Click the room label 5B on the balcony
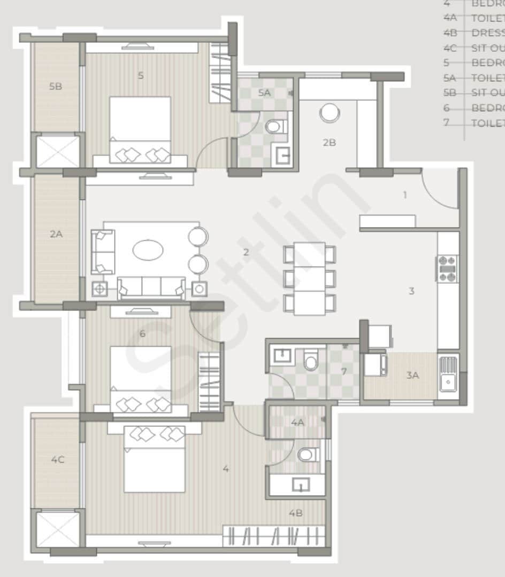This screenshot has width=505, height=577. (56, 86)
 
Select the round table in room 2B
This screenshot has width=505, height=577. (329, 113)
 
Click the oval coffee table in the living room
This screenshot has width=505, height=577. (148, 250)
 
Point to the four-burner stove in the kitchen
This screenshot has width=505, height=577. (448, 269)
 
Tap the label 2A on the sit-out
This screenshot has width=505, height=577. (56, 233)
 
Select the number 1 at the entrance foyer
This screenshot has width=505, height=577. (405, 195)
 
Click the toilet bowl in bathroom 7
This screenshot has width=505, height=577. (311, 360)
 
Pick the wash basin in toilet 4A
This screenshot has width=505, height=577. (301, 485)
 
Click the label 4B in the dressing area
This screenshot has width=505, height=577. (296, 513)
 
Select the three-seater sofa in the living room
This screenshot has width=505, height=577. (151, 287)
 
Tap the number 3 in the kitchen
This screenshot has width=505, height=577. (411, 291)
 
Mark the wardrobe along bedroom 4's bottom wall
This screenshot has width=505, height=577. (274, 536)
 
